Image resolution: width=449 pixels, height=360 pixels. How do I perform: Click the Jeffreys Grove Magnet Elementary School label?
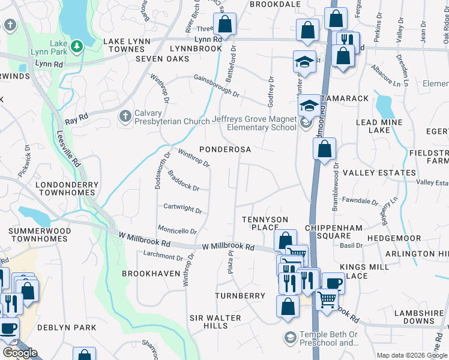click(255, 123)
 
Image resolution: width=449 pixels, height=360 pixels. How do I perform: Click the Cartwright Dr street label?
click(182, 209)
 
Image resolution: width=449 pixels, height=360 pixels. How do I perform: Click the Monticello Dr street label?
click(177, 230)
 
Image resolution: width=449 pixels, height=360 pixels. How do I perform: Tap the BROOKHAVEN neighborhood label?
click(151, 273)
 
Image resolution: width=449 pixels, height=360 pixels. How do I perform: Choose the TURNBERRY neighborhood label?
click(240, 296)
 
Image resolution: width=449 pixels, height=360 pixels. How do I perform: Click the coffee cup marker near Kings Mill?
click(333, 283)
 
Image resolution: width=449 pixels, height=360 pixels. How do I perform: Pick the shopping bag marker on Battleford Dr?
click(224, 25)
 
